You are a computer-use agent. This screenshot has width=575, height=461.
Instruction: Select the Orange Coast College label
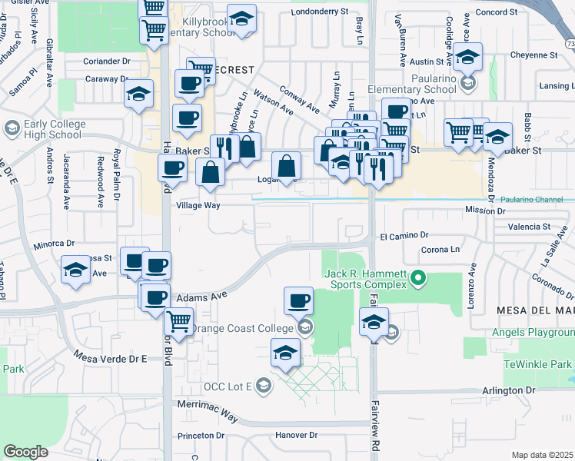click(242, 328)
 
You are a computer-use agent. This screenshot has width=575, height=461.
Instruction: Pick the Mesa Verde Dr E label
click(111, 357)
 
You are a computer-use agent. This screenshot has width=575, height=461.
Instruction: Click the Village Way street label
click(198, 206)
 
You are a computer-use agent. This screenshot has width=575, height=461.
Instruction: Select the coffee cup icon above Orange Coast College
click(297, 301)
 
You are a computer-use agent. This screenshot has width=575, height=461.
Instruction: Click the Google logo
click(26, 452)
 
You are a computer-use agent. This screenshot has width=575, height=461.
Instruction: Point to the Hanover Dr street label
click(295, 436)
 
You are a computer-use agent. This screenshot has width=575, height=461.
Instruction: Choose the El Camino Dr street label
click(403, 237)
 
